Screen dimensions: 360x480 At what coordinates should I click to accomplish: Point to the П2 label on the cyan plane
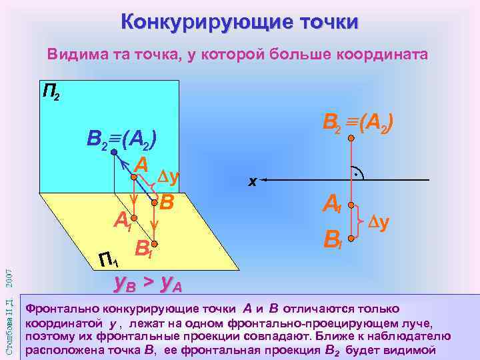point(51,91)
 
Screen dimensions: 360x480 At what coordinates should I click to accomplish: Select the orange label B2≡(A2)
point(361,122)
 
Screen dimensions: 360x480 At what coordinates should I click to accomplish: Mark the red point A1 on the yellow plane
point(134,217)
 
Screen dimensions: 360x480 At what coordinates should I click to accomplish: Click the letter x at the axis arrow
point(252,181)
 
